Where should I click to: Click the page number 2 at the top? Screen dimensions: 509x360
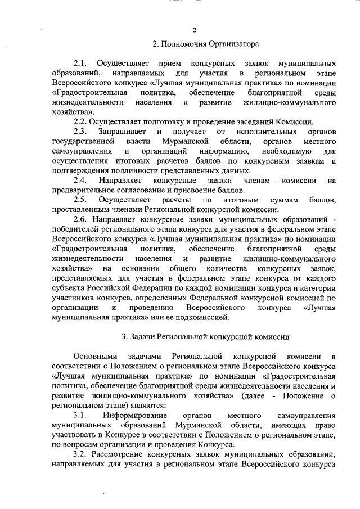point(194,30)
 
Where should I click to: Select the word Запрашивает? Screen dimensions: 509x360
point(119,132)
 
